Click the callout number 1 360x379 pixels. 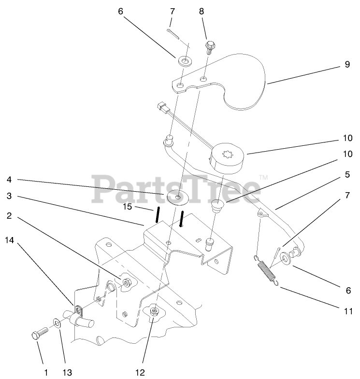(x=46, y=372)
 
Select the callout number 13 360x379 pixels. (x=68, y=372)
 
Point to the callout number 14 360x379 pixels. (x=10, y=239)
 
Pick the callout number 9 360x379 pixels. (x=347, y=65)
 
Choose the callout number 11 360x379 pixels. (x=347, y=311)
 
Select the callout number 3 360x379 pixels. (x=9, y=196)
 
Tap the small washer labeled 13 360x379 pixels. (x=57, y=323)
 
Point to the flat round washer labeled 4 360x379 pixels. (x=179, y=197)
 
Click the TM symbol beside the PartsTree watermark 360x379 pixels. (x=264, y=178)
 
